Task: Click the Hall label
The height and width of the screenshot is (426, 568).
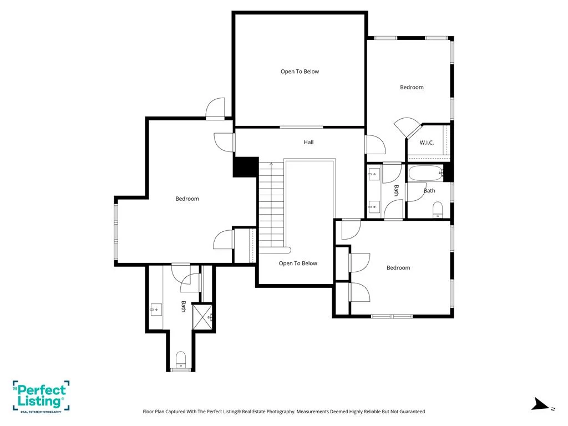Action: click(308, 143)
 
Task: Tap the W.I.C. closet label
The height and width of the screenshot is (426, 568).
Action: click(427, 143)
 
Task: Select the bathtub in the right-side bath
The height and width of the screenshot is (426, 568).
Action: click(426, 174)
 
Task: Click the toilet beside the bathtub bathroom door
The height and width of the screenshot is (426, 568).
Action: click(438, 209)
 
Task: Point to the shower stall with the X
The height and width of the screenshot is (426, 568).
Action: click(202, 317)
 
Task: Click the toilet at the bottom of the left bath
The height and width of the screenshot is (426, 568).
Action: click(180, 360)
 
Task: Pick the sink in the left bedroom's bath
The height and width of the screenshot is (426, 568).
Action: click(156, 310)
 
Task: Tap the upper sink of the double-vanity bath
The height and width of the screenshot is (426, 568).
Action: click(374, 174)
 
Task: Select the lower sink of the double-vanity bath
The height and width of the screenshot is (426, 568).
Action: click(374, 207)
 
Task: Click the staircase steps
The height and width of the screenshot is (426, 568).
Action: click(271, 205)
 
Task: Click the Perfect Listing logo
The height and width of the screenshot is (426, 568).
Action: click(41, 396)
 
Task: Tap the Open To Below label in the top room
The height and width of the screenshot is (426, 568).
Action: click(300, 72)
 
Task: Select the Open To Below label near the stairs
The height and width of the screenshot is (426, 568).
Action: click(298, 263)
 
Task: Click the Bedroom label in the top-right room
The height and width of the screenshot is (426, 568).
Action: click(412, 87)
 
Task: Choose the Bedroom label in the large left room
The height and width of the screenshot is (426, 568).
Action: click(187, 199)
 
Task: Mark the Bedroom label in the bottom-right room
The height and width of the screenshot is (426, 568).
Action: click(398, 268)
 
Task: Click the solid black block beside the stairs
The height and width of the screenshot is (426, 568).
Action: click(246, 167)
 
